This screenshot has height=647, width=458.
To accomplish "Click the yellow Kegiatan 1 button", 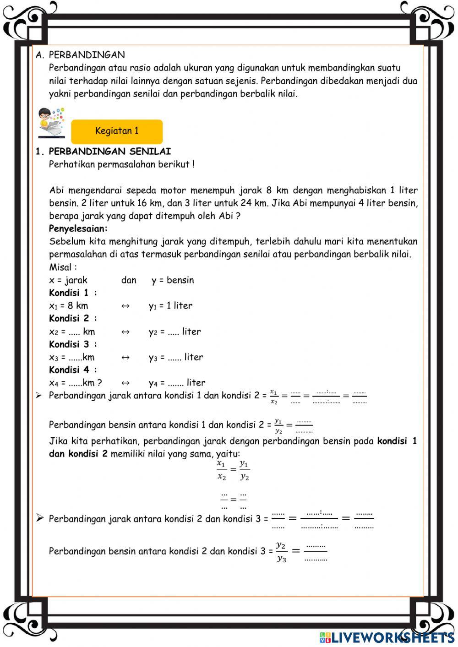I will [x=117, y=131].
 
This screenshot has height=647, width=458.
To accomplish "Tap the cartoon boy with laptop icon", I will [x=51, y=122].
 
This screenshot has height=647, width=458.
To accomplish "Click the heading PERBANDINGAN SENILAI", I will [x=109, y=152].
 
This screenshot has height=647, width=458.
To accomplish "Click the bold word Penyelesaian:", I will [x=78, y=228].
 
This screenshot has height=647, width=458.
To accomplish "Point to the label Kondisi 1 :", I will [x=73, y=293].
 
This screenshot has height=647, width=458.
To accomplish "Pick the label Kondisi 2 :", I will [x=73, y=318].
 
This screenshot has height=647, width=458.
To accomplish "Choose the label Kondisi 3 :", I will [x=73, y=344].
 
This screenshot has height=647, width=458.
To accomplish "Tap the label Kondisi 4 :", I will [x=73, y=370].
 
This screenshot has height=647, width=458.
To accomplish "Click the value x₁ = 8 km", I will [x=69, y=306].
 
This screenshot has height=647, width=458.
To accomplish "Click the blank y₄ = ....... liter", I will [x=177, y=383].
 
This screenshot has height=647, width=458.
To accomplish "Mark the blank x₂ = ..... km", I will [x=72, y=332].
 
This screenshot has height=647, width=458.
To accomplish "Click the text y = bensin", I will [x=173, y=280].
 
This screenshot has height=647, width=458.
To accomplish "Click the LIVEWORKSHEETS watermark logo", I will [x=387, y=637].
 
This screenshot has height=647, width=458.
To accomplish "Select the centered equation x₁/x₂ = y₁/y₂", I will [x=233, y=470].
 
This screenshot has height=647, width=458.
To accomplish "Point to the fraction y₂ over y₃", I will [x=281, y=551].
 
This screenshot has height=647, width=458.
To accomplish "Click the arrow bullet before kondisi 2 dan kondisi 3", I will [x=40, y=518].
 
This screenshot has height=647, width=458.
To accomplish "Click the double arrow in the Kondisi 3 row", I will [x=125, y=357].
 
